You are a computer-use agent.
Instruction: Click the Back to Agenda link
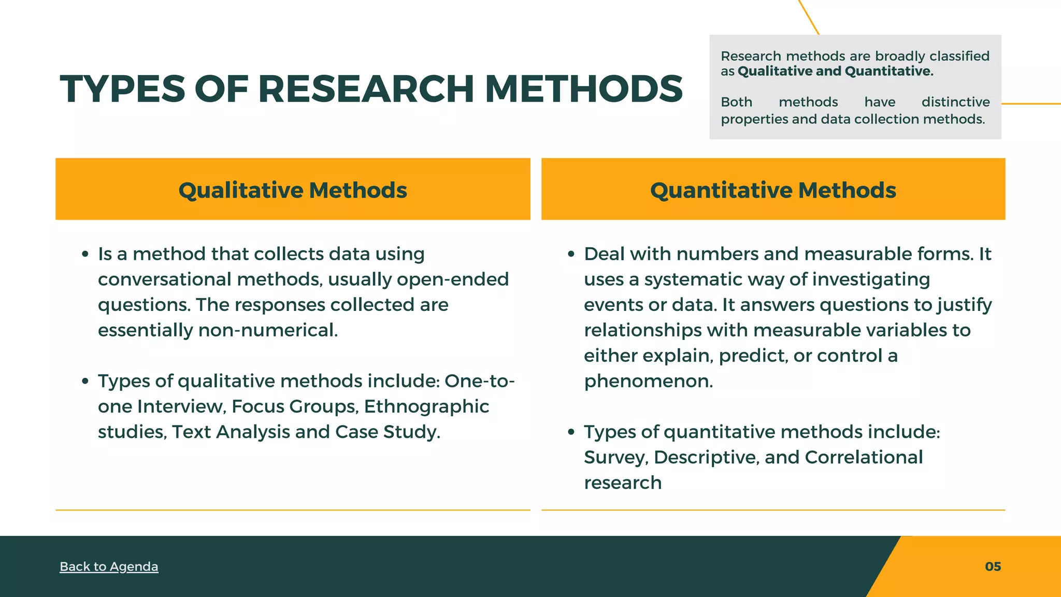coord(109,566)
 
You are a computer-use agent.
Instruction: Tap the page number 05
coord(993,566)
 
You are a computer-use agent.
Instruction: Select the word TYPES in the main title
coord(122,89)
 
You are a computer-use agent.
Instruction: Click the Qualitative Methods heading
coord(293,190)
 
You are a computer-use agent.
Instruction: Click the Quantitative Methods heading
coord(773,190)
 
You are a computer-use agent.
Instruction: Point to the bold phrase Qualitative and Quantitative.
coord(835,71)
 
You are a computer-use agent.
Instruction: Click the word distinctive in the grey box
coord(955,102)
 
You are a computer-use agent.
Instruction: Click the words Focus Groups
coord(295,406)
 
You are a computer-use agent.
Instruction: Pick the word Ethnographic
coord(426,406)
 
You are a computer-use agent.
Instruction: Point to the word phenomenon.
coord(648,381)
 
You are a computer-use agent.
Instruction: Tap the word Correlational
coord(864,457)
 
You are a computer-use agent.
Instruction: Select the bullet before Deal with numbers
coord(571,254)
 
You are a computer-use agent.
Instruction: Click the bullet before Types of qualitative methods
coord(85,381)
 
